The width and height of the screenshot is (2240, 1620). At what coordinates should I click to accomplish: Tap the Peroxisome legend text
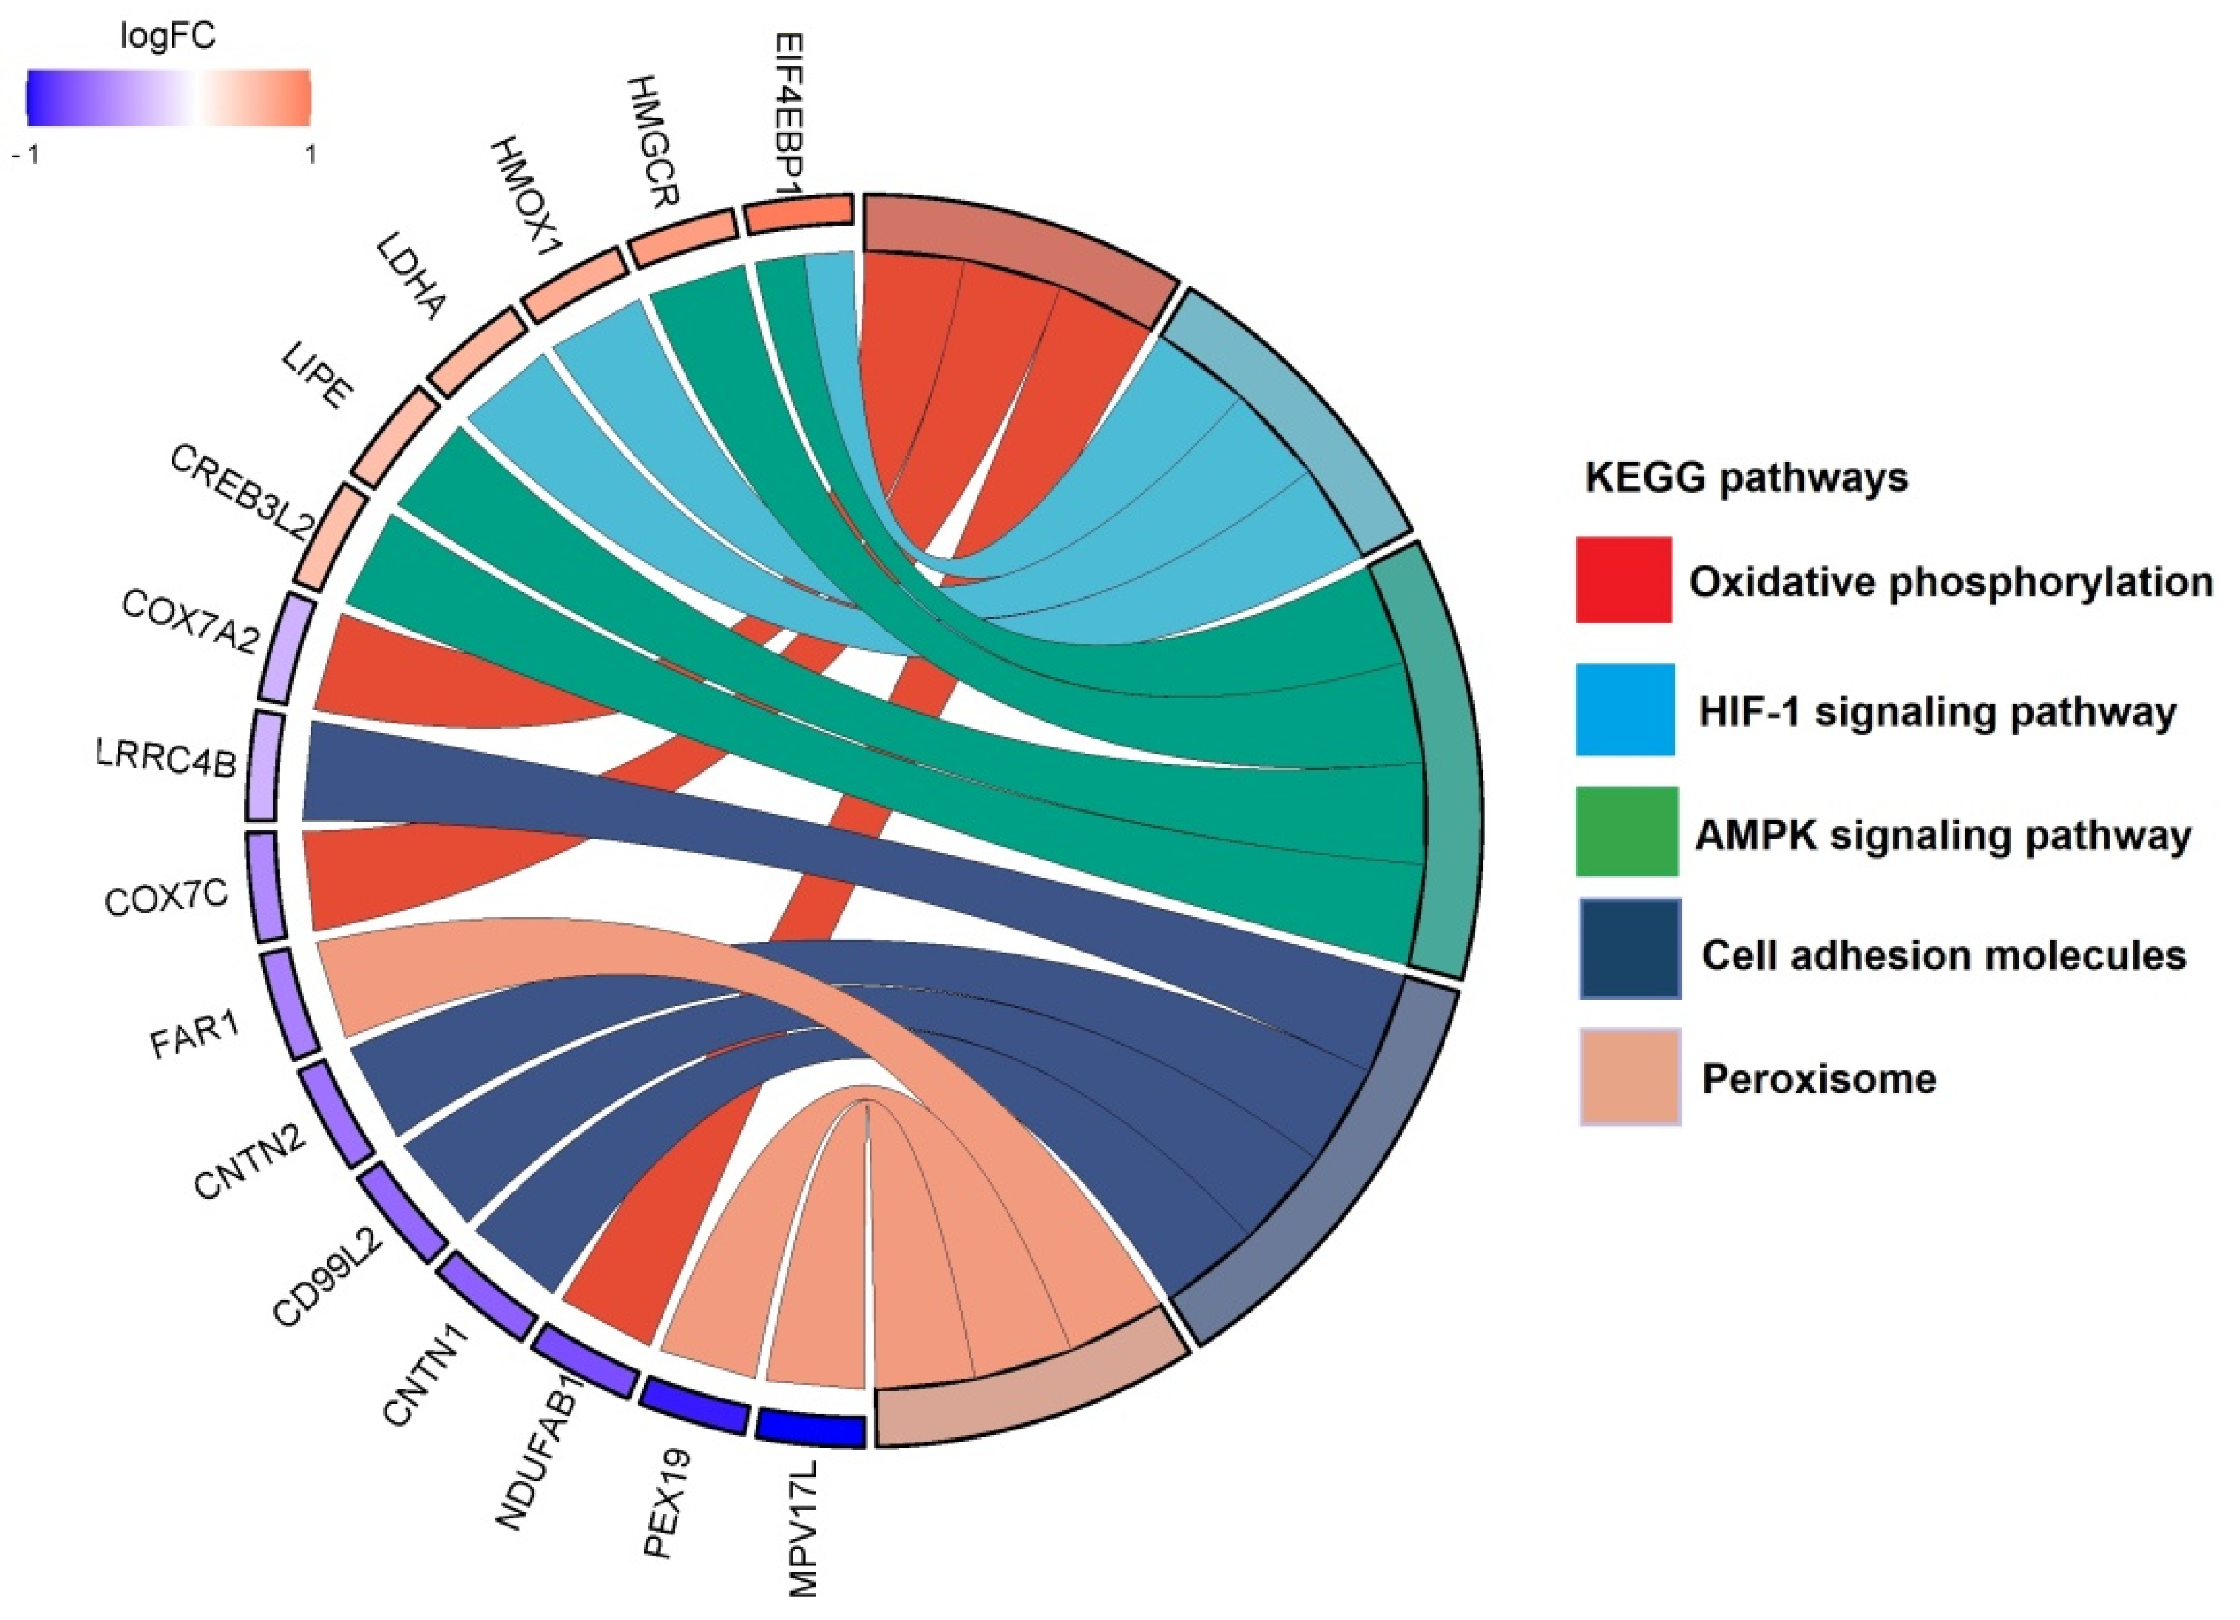pyautogui.click(x=1819, y=1079)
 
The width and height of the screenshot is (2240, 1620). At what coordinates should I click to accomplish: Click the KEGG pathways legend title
pyautogui.click(x=1746, y=478)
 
